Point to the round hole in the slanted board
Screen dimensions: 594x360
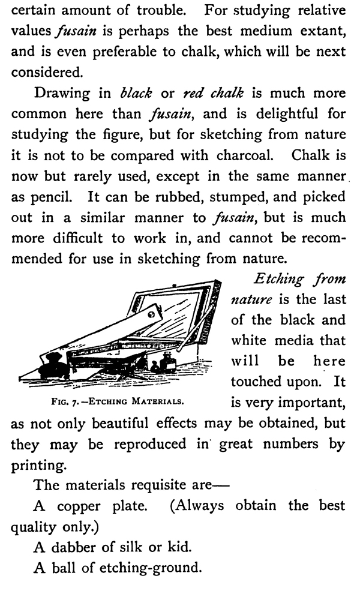151,313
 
